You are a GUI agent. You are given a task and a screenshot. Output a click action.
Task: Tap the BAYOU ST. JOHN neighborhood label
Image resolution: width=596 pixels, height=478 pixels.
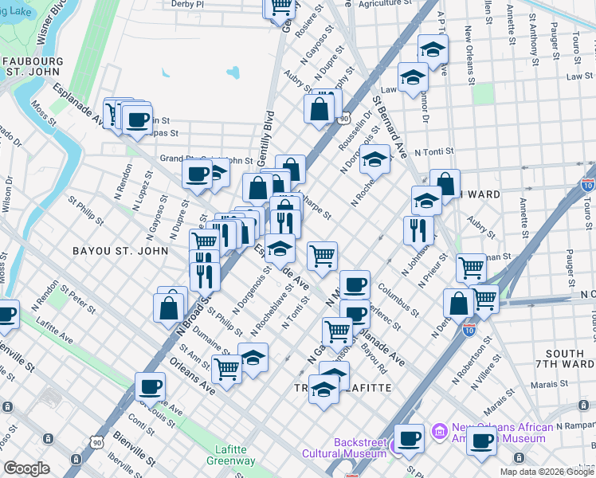tap(120, 250)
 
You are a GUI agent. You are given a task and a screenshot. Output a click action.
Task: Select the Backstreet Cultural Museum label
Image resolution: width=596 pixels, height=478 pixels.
tap(343, 448)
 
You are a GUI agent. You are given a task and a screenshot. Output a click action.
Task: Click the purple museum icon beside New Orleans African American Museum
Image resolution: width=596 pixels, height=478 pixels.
tap(437, 433)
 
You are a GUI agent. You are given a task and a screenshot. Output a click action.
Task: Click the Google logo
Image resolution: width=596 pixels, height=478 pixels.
tap(26, 468)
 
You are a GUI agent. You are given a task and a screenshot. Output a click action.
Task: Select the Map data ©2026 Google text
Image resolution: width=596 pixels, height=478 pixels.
tap(547, 472)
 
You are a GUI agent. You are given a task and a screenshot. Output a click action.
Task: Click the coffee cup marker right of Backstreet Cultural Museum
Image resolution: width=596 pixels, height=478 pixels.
tap(410, 438)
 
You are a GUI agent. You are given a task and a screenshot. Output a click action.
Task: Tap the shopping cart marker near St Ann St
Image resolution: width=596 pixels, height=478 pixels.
tap(227, 369)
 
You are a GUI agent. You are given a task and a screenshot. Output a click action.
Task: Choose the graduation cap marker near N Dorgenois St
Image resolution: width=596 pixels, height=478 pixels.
tap(374, 159)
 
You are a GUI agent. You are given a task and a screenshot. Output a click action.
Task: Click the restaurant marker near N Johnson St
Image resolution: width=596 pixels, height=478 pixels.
tap(418, 229)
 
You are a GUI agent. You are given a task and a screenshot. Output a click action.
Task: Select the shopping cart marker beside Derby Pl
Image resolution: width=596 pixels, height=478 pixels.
tap(280, 6)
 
